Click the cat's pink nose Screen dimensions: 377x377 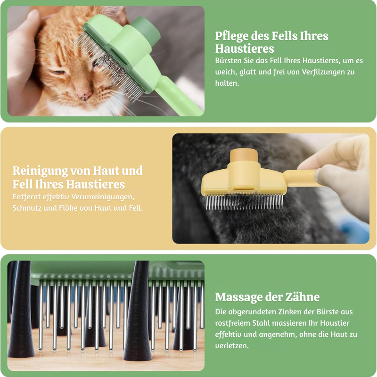pos(84,94)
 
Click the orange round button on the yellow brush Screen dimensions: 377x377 pos(244,156)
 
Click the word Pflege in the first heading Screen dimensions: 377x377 pos(232,36)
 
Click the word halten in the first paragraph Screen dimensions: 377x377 pos(227,83)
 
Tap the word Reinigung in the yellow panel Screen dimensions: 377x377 pos(40,171)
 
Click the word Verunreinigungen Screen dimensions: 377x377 pos(103,197)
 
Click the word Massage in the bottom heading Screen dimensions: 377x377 pos(238,297)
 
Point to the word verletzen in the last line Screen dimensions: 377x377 pos(232,346)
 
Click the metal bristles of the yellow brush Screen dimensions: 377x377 pos(244,202)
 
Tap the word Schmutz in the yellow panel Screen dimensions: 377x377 pos(27,208)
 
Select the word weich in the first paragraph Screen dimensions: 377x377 pos(226,72)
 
